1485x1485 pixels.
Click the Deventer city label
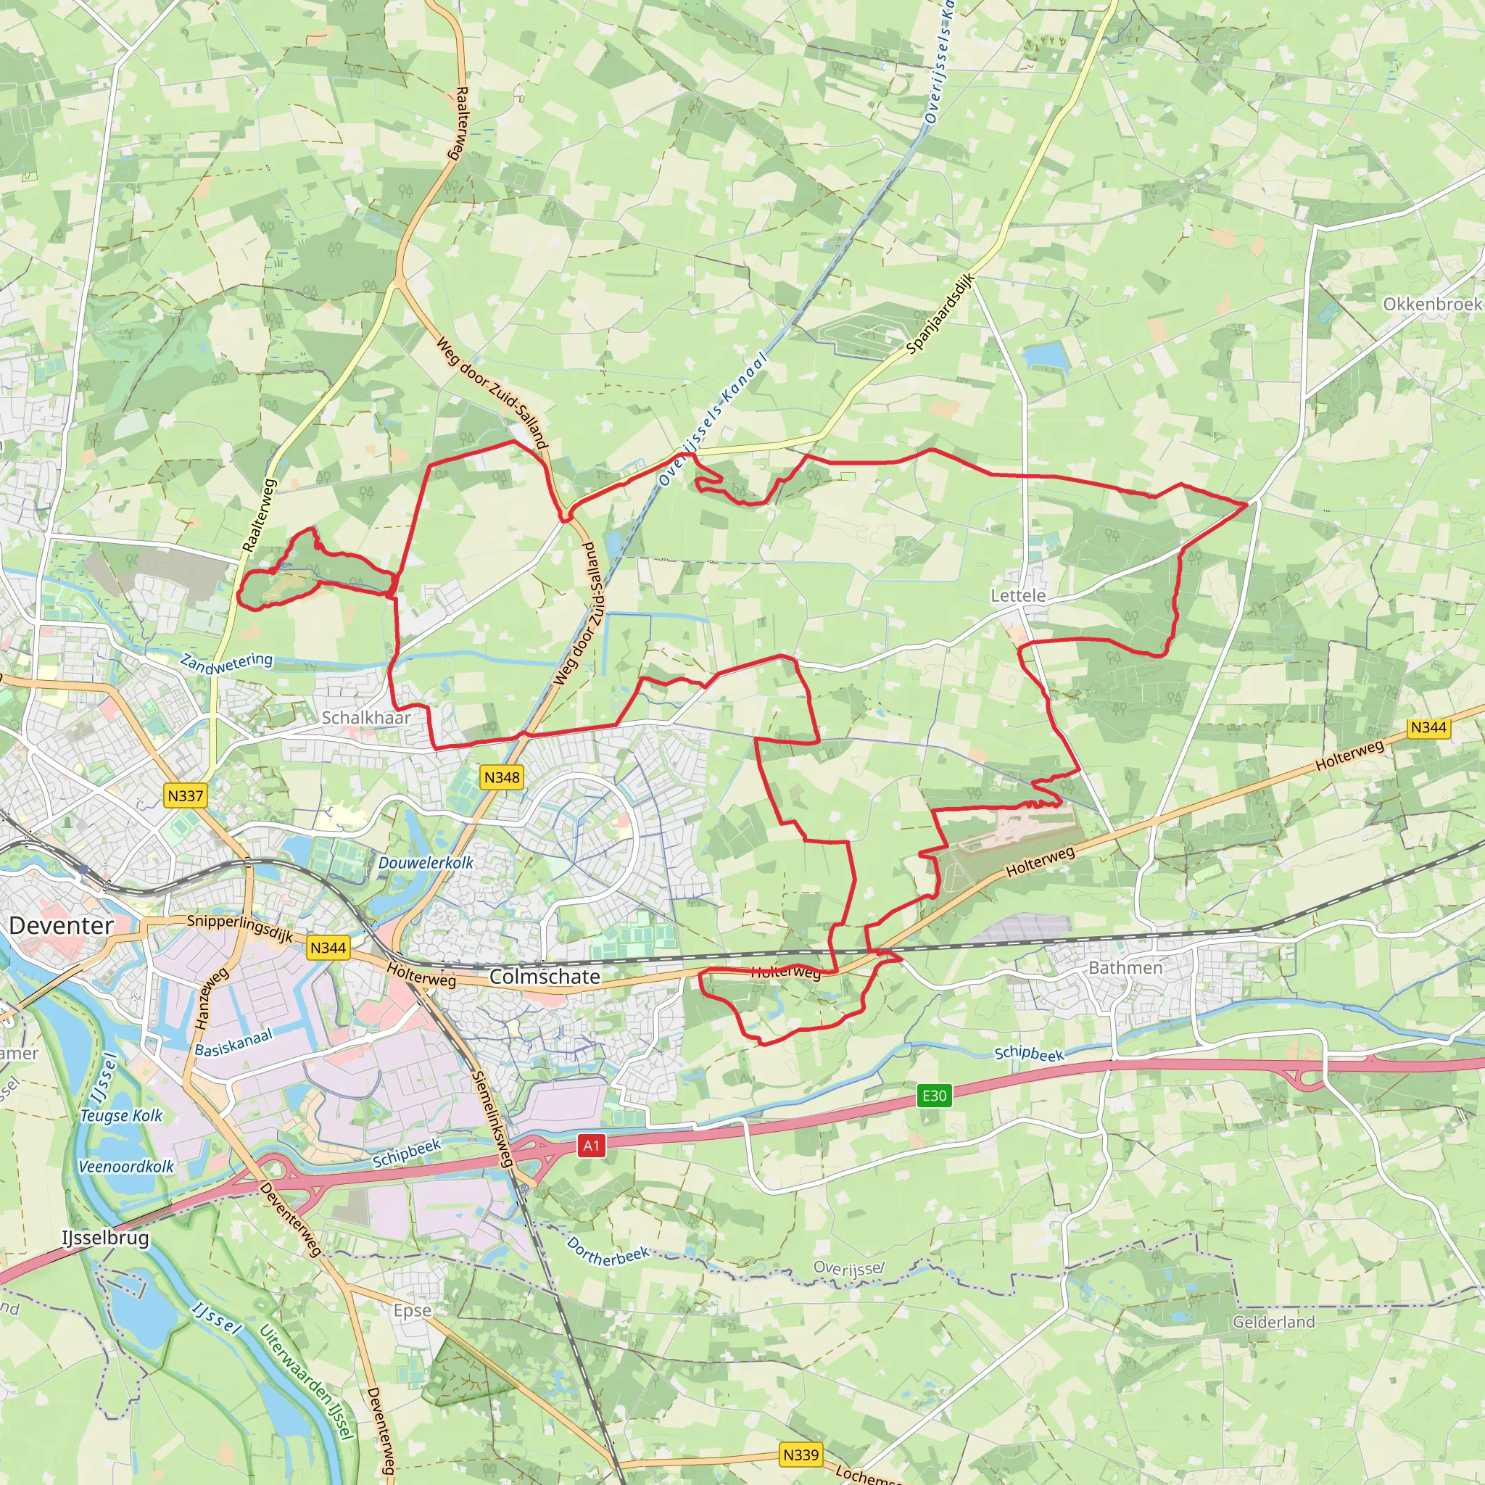click(x=61, y=925)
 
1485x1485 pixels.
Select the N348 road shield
click(x=502, y=777)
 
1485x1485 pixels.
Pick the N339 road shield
click(x=801, y=1455)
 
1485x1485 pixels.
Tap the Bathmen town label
click(x=1125, y=968)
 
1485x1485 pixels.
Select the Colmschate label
click(x=545, y=977)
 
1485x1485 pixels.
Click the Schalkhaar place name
click(x=366, y=717)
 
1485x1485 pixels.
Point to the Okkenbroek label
click(x=1432, y=305)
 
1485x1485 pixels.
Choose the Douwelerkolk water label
click(x=426, y=863)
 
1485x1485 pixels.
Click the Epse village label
click(x=412, y=1310)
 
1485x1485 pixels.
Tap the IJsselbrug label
click(x=105, y=1238)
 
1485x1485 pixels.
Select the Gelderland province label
click(x=1273, y=1322)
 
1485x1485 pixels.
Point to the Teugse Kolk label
click(x=121, y=1115)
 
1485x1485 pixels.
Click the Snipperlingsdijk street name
click(x=240, y=927)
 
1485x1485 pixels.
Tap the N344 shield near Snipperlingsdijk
click(x=328, y=948)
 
